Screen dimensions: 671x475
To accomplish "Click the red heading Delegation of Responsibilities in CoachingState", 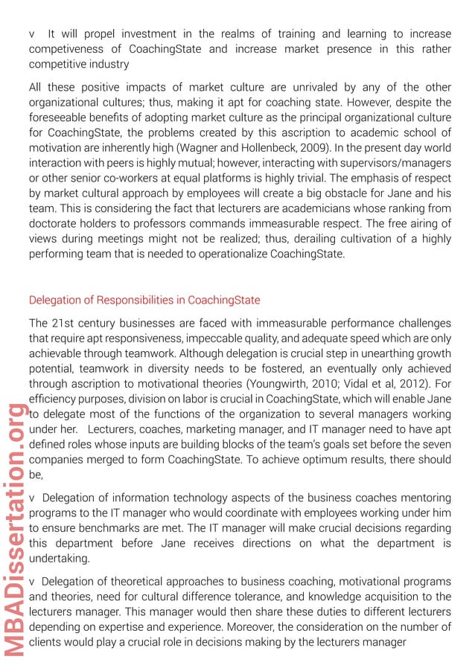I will (144, 301).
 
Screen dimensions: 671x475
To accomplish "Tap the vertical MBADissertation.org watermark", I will (16, 530).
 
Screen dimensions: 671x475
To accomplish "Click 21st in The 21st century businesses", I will (63, 324).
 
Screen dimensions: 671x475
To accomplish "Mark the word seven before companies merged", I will (435, 444).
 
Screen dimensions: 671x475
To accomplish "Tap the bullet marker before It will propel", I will (32, 34).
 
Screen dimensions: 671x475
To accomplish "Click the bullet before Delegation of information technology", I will (32, 498).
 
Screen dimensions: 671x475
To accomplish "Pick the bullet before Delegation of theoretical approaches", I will (32, 582).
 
